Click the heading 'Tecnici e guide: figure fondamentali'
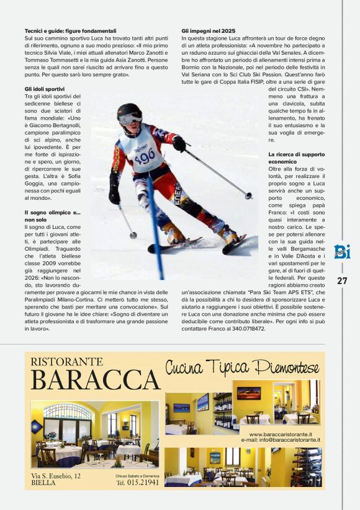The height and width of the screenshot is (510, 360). [x=70, y=30]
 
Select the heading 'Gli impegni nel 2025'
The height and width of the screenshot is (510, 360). [x=209, y=30]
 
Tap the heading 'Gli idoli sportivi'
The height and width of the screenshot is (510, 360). [x=45, y=89]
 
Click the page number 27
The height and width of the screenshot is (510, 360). [x=342, y=280]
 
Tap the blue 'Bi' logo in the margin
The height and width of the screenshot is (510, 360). [x=342, y=252]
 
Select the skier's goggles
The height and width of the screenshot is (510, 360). [x=131, y=118]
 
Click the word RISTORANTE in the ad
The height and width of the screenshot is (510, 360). [x=66, y=362]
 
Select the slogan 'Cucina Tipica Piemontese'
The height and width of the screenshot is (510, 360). [x=241, y=367]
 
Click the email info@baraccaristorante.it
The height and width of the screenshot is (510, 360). [x=281, y=440]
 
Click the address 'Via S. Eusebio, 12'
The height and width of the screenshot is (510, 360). [x=56, y=475]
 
